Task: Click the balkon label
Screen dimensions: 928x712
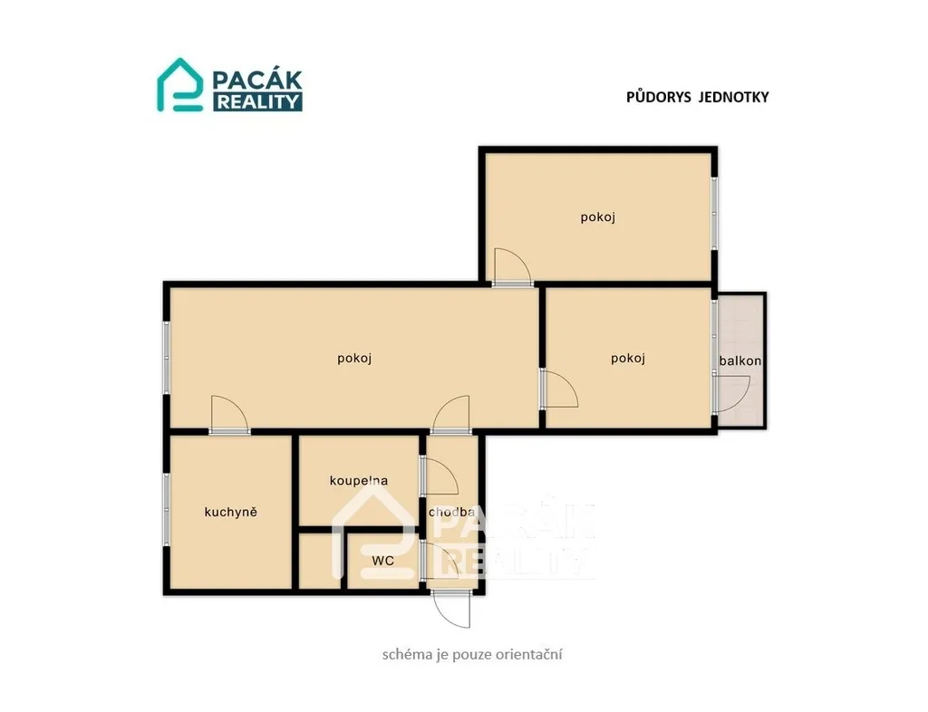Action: pos(739,361)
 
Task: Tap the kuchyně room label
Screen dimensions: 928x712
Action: pos(231,512)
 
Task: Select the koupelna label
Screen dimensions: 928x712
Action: pos(359,481)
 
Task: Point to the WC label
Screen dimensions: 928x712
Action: pos(383,561)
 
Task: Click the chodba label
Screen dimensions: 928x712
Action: pos(451,512)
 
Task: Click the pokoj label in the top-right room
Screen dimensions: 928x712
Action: pos(598,217)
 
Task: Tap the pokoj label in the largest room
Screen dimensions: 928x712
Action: pos(354,359)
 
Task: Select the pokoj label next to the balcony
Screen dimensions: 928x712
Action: pos(628,359)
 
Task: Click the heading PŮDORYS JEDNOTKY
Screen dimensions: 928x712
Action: pos(697,97)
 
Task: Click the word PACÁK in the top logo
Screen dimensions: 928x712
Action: pos(257,80)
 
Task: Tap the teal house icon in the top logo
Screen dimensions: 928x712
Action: pos(180,84)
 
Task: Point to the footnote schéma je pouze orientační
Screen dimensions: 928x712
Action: pos(472,655)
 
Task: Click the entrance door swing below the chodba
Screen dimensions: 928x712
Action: pos(451,609)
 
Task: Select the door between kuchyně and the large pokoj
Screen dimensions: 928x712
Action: pos(229,415)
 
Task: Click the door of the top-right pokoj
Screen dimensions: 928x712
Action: pos(513,267)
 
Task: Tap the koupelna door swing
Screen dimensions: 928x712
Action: pos(440,476)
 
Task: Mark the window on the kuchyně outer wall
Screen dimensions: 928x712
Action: pos(167,509)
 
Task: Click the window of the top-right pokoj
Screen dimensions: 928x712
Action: pos(714,213)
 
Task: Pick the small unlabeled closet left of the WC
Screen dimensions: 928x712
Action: pos(320,561)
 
